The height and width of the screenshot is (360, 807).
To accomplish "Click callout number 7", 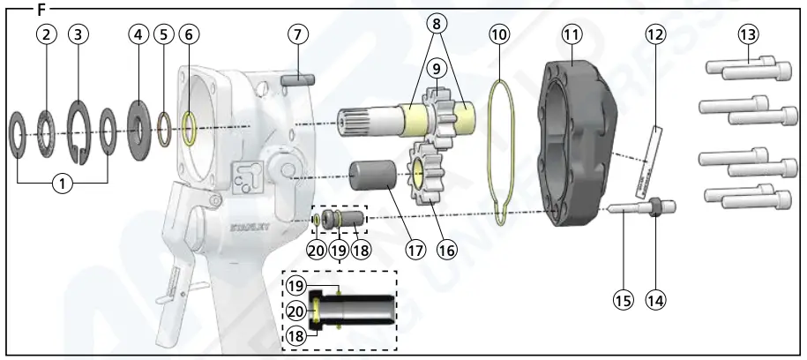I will (299, 35).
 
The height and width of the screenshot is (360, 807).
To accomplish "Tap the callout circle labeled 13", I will (748, 35).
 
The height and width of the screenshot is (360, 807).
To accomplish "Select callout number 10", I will (499, 35).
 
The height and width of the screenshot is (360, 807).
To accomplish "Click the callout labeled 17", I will (415, 250).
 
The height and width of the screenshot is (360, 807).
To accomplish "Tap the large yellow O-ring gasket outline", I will (499, 150).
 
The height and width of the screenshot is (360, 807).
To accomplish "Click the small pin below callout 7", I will (298, 79).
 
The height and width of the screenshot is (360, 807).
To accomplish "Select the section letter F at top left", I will (41, 10).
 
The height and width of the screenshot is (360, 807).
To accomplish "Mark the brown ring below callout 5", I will (164, 129).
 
